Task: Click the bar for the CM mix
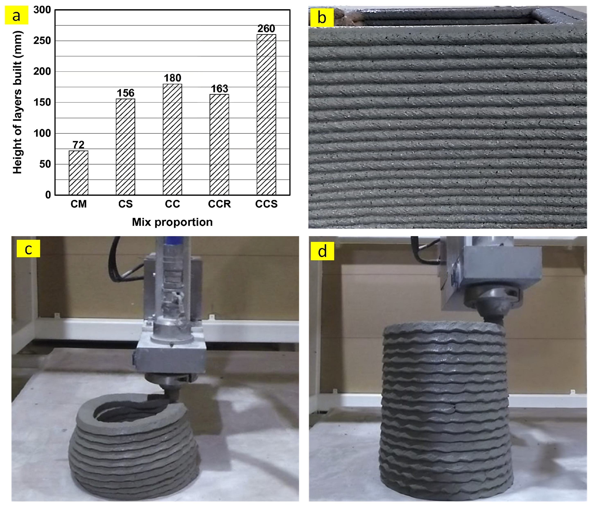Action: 78,173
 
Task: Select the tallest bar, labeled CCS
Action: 266,115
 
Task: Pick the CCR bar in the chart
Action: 219,145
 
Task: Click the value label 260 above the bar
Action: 266,28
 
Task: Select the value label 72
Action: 78,145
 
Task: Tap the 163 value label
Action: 219,89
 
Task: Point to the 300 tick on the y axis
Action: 42,10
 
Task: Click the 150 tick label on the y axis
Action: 42,102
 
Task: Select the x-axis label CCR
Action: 219,204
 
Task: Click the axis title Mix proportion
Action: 172,222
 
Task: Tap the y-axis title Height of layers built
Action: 17,102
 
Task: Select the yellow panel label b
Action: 322,18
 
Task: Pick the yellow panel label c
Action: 28,249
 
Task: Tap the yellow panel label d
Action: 322,251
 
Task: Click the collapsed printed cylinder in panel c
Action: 134,445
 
